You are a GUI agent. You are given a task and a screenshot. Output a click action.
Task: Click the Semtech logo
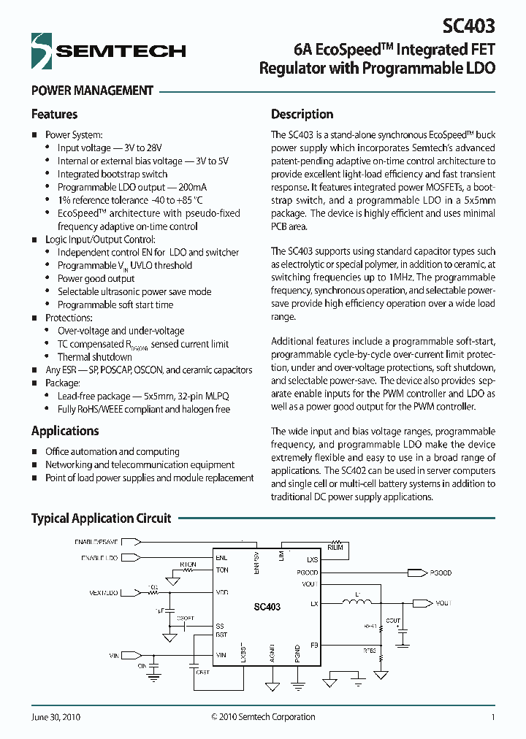(x=108, y=50)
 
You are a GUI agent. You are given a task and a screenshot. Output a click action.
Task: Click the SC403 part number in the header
(x=468, y=26)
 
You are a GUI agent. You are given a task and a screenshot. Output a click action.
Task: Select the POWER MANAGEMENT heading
(x=92, y=91)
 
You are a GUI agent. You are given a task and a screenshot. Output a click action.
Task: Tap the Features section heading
(x=54, y=114)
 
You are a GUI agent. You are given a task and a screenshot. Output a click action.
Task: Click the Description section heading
(x=302, y=114)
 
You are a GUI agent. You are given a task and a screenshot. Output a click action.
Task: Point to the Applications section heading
(x=65, y=431)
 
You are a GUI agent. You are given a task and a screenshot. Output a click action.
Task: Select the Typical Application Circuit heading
(x=101, y=518)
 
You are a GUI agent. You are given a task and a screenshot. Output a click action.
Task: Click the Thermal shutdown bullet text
(x=95, y=357)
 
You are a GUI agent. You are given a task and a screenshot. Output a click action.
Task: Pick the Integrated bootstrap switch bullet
(x=113, y=174)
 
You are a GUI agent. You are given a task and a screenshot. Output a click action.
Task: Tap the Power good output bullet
(x=96, y=278)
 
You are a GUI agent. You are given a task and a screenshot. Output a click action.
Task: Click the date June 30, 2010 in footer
(x=56, y=717)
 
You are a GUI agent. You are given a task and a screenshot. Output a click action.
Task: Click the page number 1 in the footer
(x=493, y=717)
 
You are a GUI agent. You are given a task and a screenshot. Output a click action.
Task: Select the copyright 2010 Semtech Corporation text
(x=263, y=717)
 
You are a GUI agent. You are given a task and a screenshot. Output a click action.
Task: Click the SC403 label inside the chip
(x=267, y=607)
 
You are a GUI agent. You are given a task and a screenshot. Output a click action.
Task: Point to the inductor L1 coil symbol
(x=357, y=603)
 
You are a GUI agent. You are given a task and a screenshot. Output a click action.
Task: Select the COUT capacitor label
(x=394, y=621)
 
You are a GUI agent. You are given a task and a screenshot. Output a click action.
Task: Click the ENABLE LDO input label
(x=96, y=559)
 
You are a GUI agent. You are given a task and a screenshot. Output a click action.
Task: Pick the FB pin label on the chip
(x=313, y=645)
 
